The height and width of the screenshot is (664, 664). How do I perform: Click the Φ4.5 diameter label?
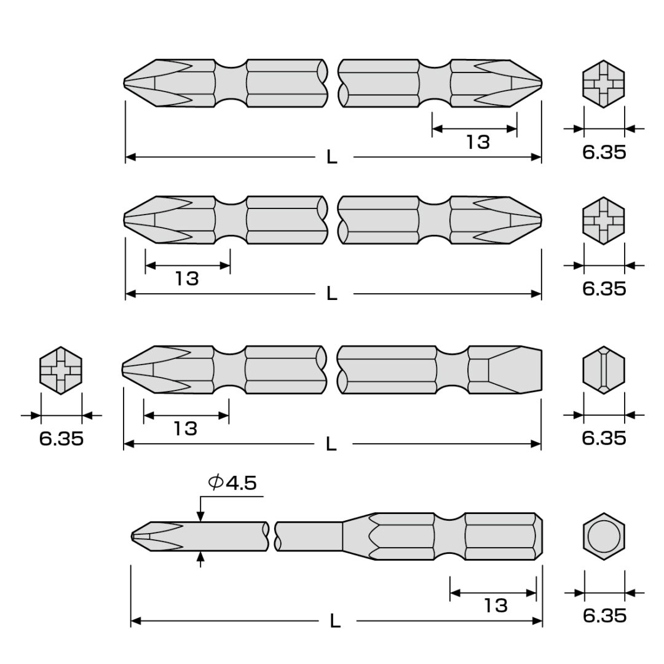point(232,483)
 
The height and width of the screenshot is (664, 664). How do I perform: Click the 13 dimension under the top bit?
point(478,142)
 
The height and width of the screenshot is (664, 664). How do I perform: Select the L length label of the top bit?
point(331,157)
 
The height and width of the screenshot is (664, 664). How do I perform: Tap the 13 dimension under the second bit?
point(187,279)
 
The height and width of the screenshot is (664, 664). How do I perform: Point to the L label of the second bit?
point(331,294)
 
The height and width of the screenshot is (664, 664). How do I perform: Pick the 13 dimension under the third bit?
point(186,429)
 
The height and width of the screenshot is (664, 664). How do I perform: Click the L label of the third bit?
point(331,445)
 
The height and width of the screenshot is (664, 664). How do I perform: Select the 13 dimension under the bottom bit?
point(496,606)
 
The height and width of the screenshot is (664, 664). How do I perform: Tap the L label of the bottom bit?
point(335,621)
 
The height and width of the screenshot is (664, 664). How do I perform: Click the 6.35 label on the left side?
point(61,438)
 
